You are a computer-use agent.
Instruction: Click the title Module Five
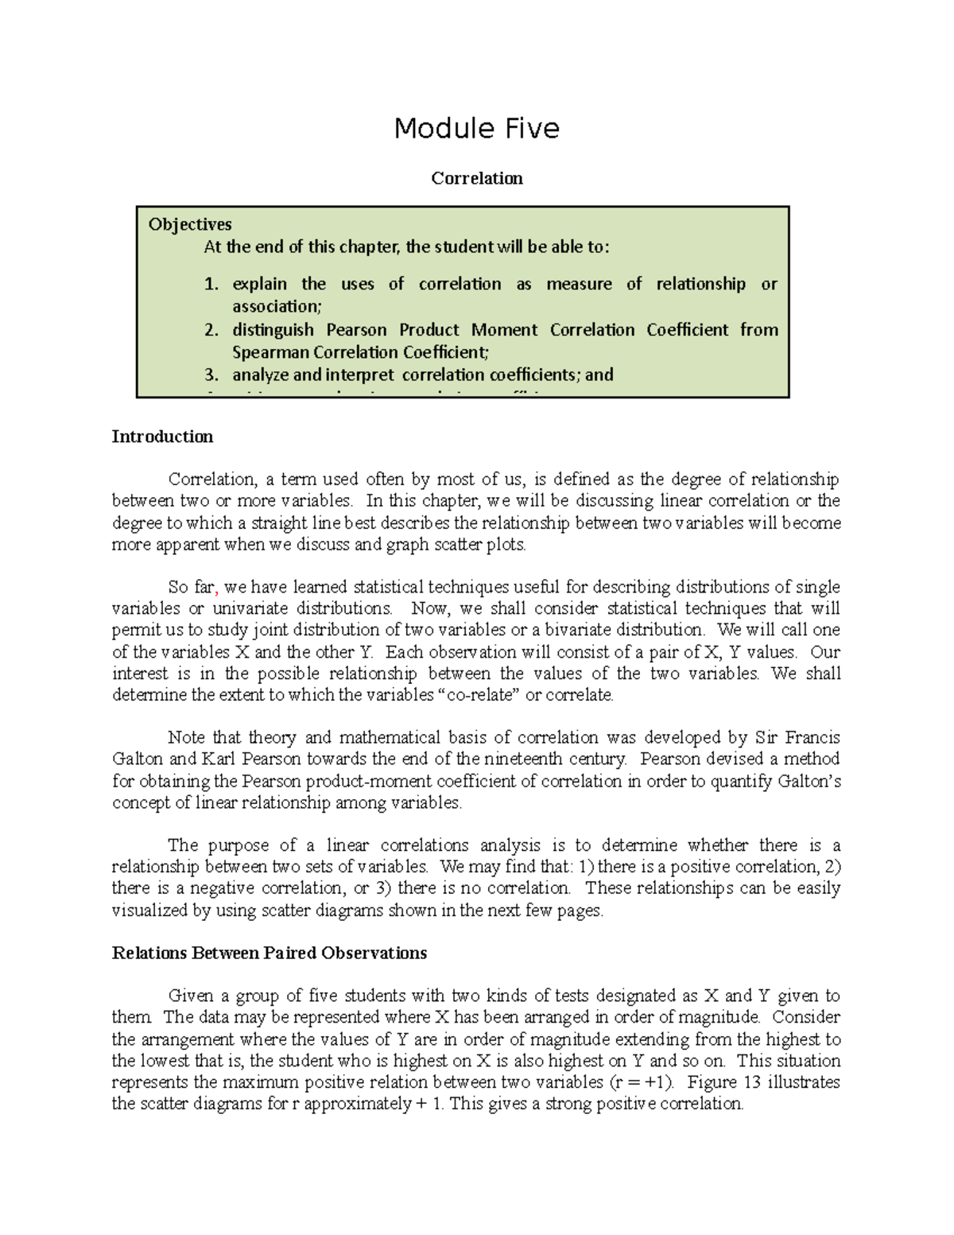pyautogui.click(x=476, y=128)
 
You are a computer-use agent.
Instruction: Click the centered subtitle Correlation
pyautogui.click(x=476, y=178)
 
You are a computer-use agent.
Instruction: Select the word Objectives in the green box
pyautogui.click(x=190, y=224)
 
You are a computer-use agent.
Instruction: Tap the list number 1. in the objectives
pyautogui.click(x=211, y=284)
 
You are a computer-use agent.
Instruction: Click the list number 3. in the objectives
pyautogui.click(x=211, y=375)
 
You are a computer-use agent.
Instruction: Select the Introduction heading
pyautogui.click(x=162, y=437)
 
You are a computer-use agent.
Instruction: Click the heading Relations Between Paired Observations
pyautogui.click(x=270, y=953)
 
